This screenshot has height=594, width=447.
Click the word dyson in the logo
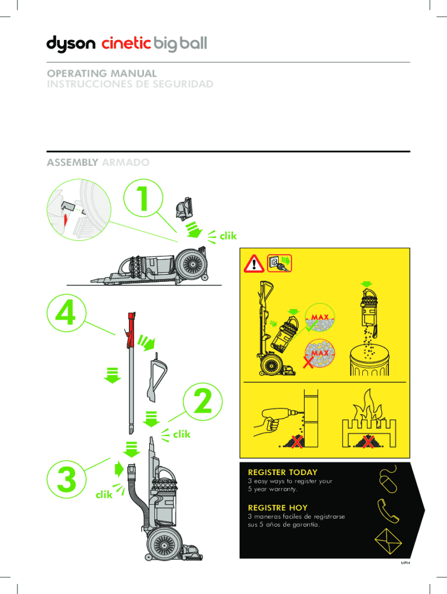pyautogui.click(x=70, y=44)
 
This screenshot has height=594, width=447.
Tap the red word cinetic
pyautogui.click(x=126, y=43)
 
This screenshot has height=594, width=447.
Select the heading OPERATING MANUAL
pyautogui.click(x=102, y=73)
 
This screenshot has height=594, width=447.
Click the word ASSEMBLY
pyautogui.click(x=73, y=162)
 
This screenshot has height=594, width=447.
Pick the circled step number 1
pyautogui.click(x=143, y=198)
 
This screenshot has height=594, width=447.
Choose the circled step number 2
pyautogui.click(x=203, y=401)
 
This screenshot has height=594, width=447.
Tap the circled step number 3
pyautogui.click(x=67, y=479)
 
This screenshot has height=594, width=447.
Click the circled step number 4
pyautogui.click(x=66, y=314)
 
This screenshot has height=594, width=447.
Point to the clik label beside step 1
pyautogui.click(x=228, y=236)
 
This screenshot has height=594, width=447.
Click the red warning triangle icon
pyautogui.click(x=254, y=263)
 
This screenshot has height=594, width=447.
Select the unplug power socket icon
pyautogui.click(x=279, y=263)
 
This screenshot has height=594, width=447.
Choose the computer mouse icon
pyautogui.click(x=387, y=480)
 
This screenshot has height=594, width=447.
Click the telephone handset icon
pyautogui.click(x=387, y=512)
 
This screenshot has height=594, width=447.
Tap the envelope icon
pyautogui.click(x=388, y=541)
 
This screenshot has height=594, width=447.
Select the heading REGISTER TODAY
pyautogui.click(x=283, y=472)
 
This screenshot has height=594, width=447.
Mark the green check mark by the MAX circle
pyautogui.click(x=312, y=327)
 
